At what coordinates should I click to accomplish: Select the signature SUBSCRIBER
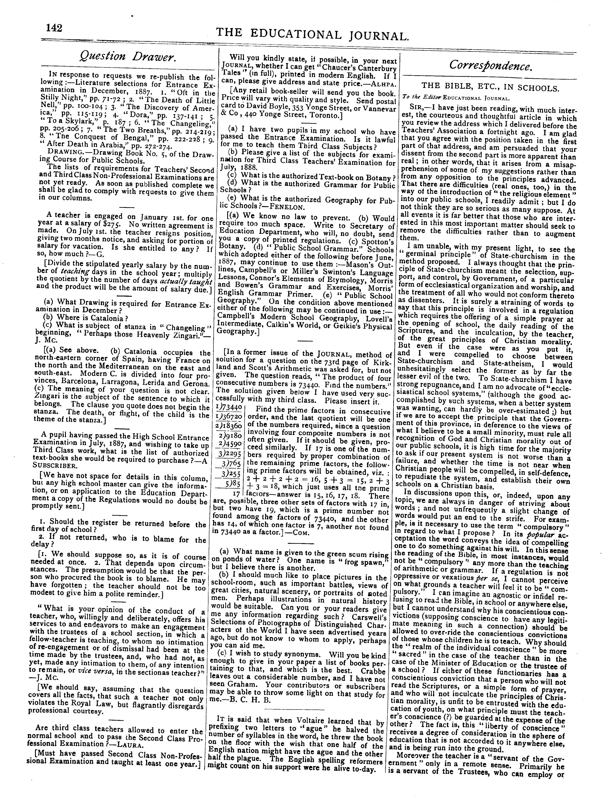pyautogui.click(x=52, y=466)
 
